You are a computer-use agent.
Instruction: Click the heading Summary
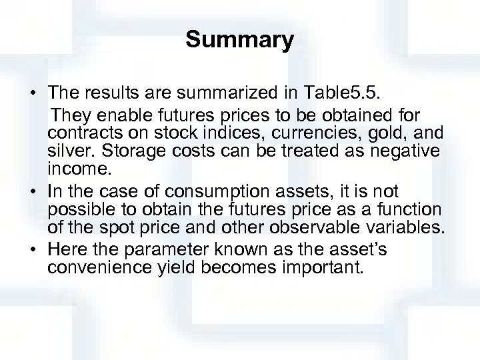(x=239, y=41)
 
